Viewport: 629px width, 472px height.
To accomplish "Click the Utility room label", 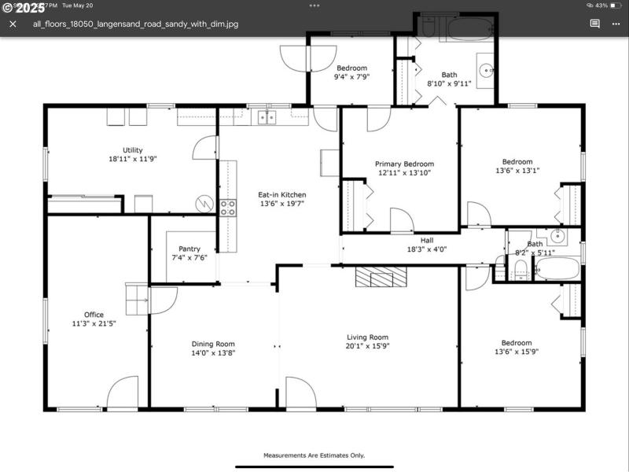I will [132, 149].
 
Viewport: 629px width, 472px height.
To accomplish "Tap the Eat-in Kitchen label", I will [282, 194].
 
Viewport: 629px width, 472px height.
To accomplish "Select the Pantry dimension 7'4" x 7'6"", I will [189, 258].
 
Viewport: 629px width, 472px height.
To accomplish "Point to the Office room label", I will [94, 315].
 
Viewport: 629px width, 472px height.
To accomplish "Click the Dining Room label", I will [213, 344].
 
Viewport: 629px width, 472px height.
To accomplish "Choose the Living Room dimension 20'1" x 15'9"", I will [368, 346].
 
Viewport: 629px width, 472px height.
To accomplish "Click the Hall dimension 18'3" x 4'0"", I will [427, 249].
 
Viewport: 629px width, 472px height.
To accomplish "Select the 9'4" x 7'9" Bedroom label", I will [351, 68].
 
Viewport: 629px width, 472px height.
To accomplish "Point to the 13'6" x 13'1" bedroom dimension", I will [517, 171].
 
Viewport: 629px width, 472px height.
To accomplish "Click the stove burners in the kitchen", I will [227, 208].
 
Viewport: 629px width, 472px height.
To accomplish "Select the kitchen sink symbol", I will [267, 117].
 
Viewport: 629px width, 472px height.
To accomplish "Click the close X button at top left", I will [13, 24].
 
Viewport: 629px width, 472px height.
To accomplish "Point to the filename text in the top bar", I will [135, 24].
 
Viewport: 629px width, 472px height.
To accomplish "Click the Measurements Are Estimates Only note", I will [314, 455].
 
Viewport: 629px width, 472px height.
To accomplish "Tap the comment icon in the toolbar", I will [595, 24].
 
